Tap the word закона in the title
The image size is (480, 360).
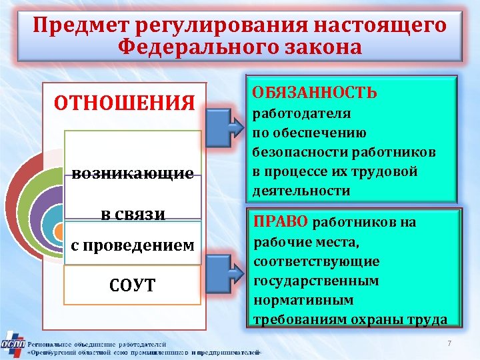point(313,47)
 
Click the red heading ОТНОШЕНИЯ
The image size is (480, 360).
point(125,103)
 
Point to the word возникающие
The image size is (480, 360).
point(133,174)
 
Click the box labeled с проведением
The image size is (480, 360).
point(133,245)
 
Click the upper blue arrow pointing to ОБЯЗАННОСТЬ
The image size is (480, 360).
point(224,125)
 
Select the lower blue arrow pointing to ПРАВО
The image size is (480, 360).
point(224,267)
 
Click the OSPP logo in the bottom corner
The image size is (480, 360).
point(13,344)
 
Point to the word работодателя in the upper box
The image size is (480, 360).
point(301,113)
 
